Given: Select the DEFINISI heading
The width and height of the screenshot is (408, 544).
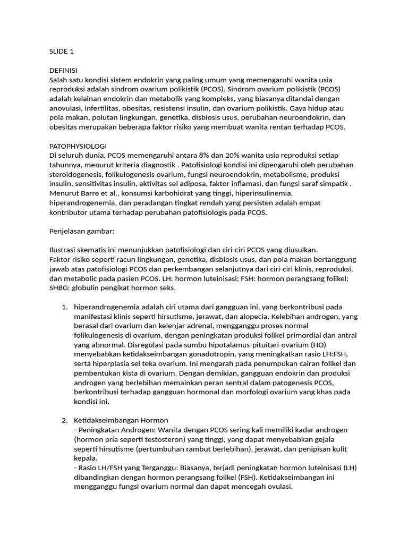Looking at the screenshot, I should [x=63, y=71].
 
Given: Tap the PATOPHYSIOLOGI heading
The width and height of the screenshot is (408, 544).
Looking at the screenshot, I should [x=78, y=146].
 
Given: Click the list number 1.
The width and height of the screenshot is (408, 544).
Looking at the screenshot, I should [x=64, y=307].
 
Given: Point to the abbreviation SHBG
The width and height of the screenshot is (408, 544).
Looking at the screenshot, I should [x=58, y=288].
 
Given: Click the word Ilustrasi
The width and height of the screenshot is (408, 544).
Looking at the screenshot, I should [x=62, y=250].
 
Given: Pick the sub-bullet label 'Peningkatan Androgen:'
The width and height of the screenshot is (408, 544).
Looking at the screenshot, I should [x=116, y=430].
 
